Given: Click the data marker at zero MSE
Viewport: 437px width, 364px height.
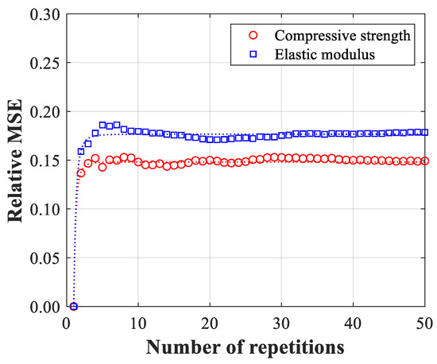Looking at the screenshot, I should [x=74, y=307].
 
